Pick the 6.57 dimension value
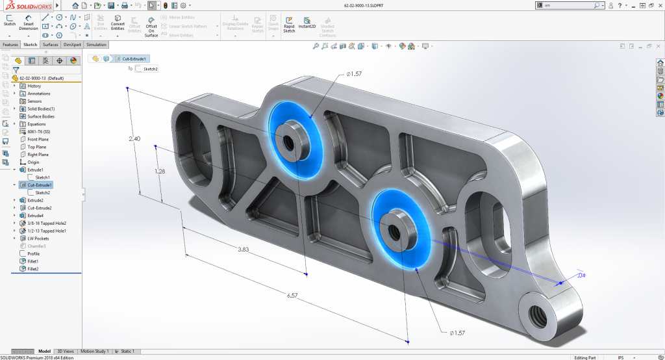pyautogui.click(x=293, y=296)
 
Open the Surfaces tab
pyautogui.click(x=50, y=45)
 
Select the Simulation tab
pyautogui.click(x=96, y=45)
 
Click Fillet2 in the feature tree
pyautogui.click(x=33, y=268)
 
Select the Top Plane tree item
pyautogui.click(x=38, y=147)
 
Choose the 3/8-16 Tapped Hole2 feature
pyautogui.click(x=47, y=223)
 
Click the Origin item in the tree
pyautogui.click(x=33, y=162)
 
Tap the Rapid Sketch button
pyautogui.click(x=289, y=24)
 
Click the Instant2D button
pyautogui.click(x=307, y=24)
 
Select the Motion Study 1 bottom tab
pyautogui.click(x=94, y=351)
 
